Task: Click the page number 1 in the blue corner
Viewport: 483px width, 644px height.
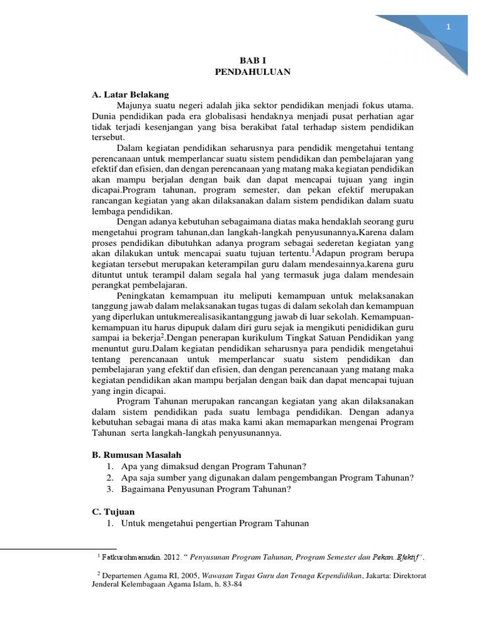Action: point(448,26)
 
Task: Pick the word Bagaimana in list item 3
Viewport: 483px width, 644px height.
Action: point(142,489)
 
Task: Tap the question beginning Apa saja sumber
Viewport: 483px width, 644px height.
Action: point(267,478)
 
